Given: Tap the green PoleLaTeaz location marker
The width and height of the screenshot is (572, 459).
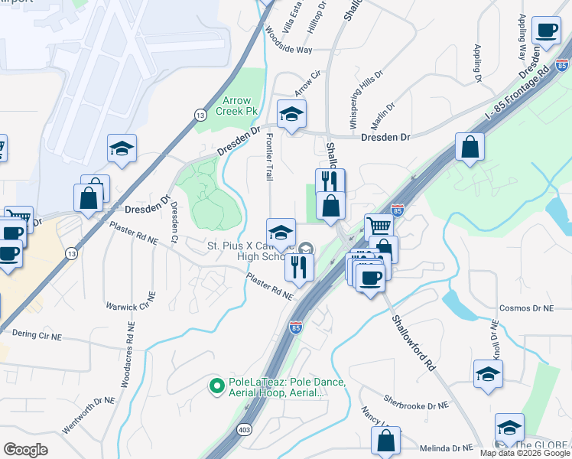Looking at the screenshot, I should [216, 386].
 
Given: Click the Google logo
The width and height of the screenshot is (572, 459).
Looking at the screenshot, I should [26, 450].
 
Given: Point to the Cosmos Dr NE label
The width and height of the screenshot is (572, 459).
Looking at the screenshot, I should [525, 308].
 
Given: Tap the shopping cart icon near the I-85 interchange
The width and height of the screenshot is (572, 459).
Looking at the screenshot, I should [379, 226].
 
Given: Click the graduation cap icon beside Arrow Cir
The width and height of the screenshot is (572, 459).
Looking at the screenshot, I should [291, 115].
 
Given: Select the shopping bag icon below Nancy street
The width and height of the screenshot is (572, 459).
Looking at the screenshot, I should [386, 441].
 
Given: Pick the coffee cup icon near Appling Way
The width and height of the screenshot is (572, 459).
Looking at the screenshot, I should [546, 31].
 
